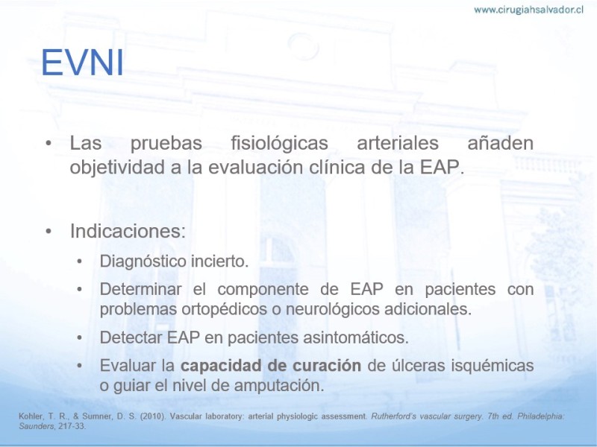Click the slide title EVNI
click(x=82, y=63)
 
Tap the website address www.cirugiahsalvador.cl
click(x=528, y=10)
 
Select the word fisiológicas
click(x=279, y=144)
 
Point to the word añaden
click(x=500, y=143)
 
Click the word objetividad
click(x=117, y=167)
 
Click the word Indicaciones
click(x=125, y=231)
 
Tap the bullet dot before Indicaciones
click(x=49, y=231)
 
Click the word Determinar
click(x=140, y=289)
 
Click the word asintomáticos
click(x=355, y=337)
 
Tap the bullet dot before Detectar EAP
click(x=79, y=337)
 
